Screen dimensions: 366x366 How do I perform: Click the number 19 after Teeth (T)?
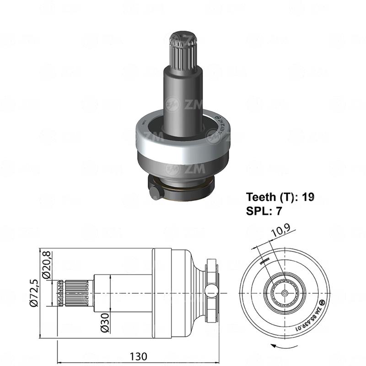[308, 198]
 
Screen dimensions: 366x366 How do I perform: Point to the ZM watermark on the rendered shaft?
[179, 105]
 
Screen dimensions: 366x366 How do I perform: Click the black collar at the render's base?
[183, 188]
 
